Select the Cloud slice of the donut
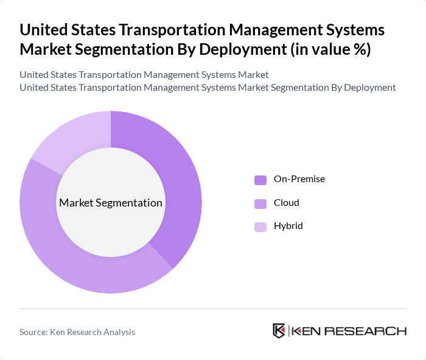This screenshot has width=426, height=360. (x=73, y=262)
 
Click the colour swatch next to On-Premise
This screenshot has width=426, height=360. (x=260, y=180)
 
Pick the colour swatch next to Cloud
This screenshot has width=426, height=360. (x=260, y=203)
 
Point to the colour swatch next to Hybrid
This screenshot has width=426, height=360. (x=260, y=227)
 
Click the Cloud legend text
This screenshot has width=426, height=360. (x=287, y=202)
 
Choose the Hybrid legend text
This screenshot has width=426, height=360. (x=288, y=225)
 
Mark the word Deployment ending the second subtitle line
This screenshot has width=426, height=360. (x=369, y=88)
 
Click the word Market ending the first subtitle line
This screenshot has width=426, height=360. (x=253, y=75)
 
